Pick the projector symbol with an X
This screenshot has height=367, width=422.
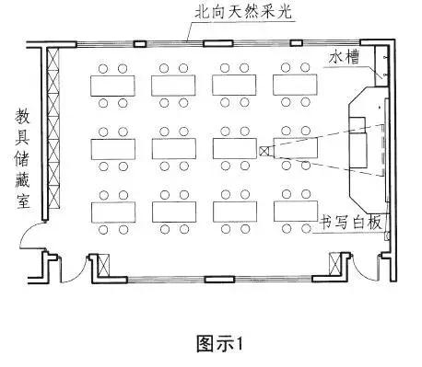[264, 151]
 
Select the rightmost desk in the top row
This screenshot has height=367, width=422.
[296, 84]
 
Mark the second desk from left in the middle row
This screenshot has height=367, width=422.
[173, 148]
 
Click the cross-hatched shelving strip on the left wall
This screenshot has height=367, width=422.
[53, 129]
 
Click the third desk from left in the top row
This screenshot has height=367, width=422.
[234, 84]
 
